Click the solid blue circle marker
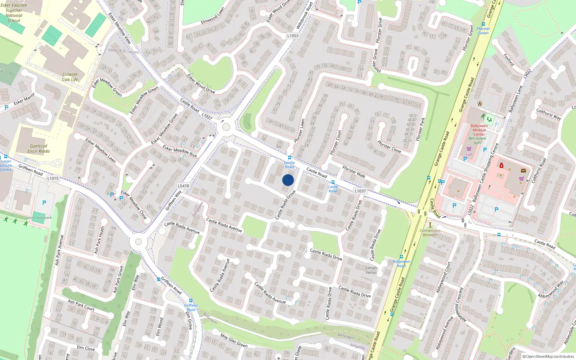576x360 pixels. [288, 180]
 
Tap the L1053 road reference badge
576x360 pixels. [293, 36]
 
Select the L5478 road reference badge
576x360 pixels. [183, 186]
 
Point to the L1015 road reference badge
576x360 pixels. [53, 178]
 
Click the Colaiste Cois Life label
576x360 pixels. [70, 77]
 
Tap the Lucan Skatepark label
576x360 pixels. [39, 218]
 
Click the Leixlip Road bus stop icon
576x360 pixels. [289, 158]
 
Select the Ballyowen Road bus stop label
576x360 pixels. [401, 264]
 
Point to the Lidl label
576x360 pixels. [469, 154]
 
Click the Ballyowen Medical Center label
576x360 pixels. [479, 130]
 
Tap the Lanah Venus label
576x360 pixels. [371, 270]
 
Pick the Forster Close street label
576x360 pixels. [389, 147]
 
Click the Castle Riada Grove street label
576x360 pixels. [285, 205]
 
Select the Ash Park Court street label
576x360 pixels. [81, 305]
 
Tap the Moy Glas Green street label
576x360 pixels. [234, 341]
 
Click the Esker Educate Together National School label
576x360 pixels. [14, 13]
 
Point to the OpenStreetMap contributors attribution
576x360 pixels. [548, 356]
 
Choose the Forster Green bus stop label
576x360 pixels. [483, 31]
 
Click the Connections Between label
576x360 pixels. [430, 233]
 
